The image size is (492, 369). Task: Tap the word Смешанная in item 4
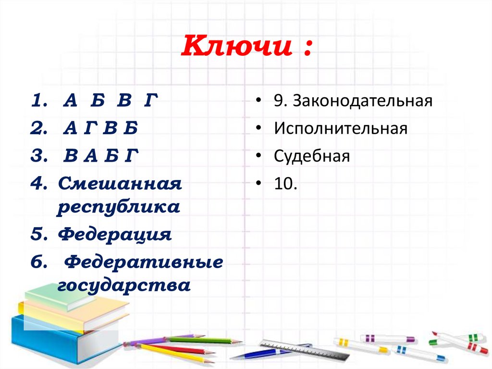pyautogui.click(x=120, y=183)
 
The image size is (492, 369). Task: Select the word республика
pyautogui.click(x=119, y=208)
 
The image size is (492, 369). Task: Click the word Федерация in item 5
pyautogui.click(x=115, y=235)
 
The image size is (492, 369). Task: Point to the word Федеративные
pyautogui.click(x=144, y=262)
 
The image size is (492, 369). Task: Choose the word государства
pyautogui.click(x=124, y=286)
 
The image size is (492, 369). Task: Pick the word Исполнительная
pyautogui.click(x=341, y=129)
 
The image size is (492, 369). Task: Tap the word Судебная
pyautogui.click(x=312, y=156)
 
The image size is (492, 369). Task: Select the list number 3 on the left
pyautogui.click(x=38, y=156)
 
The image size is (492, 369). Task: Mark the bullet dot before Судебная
pyautogui.click(x=259, y=156)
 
